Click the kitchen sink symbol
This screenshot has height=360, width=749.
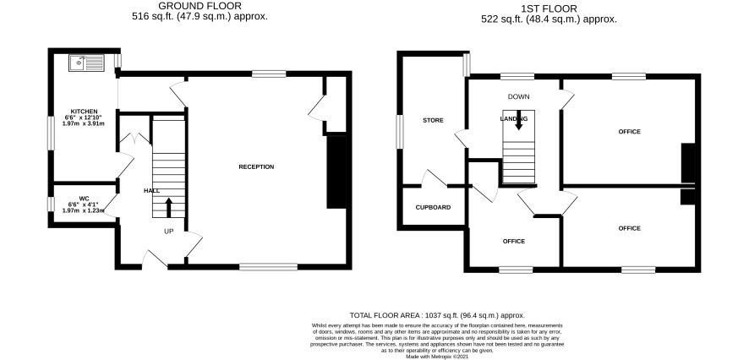(86, 63)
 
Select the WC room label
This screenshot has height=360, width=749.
(84, 198)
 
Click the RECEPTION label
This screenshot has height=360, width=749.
(256, 166)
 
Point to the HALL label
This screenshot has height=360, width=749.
(152, 191)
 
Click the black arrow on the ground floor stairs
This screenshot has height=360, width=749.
(168, 208)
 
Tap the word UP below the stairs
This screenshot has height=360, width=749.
(168, 232)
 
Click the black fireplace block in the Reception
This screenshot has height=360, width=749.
(336, 172)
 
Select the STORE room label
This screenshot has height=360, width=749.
(433, 120)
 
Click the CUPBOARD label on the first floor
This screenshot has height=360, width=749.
(433, 207)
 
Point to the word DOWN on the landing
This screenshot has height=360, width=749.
(518, 97)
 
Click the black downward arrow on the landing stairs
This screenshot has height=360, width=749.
(518, 122)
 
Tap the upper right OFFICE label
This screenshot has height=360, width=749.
(630, 131)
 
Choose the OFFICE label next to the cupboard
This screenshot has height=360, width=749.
(514, 241)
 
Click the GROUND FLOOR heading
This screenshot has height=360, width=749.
(200, 6)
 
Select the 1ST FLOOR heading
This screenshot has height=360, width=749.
(549, 8)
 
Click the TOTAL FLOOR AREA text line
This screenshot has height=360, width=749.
(438, 315)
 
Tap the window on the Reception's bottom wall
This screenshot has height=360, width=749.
(269, 266)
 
